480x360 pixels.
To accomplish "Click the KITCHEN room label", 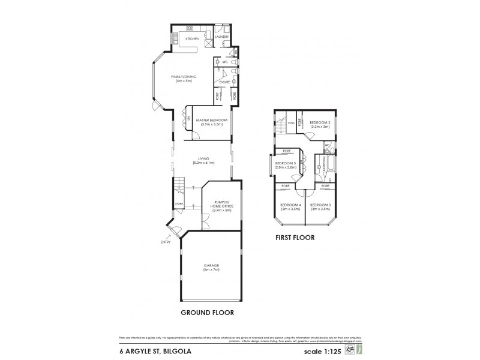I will tap(192, 39).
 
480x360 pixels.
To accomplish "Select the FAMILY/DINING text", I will tap(184, 77).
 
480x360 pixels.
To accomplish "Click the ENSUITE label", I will tap(224, 82).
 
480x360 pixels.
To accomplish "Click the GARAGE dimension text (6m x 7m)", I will tap(211, 270).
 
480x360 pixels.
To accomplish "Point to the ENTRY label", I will tap(165, 242).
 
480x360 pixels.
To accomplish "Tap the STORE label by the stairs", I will tap(178, 204).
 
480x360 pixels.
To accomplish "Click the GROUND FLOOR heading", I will tap(207, 313).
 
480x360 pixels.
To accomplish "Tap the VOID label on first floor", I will tap(290, 124).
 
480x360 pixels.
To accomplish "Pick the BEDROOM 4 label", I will tap(290, 205).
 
